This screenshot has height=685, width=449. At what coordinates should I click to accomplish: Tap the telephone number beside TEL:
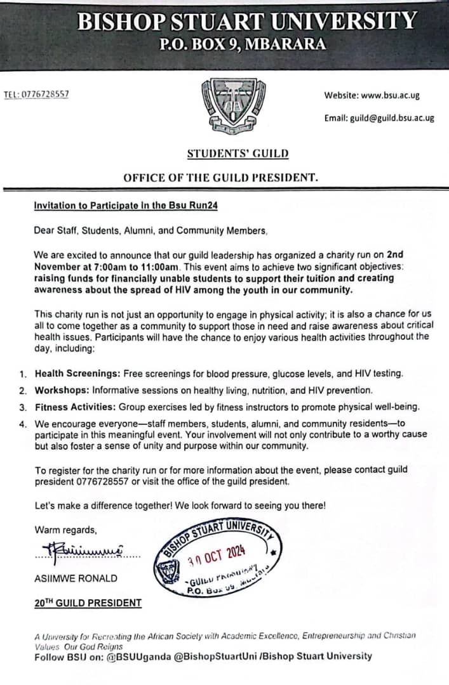(x=45, y=95)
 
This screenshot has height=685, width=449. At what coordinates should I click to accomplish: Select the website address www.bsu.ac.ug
(x=390, y=96)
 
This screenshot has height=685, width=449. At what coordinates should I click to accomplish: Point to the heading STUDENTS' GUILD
(x=238, y=153)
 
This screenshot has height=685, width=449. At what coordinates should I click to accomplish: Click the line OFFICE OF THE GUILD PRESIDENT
(x=220, y=178)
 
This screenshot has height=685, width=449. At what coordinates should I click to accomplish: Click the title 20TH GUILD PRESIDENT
(x=88, y=603)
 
